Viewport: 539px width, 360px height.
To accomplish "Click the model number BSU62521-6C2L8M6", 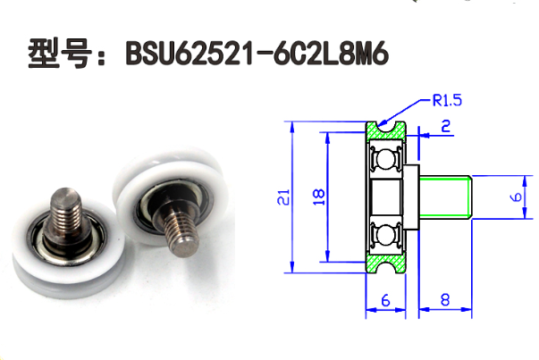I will tap(258, 56).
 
